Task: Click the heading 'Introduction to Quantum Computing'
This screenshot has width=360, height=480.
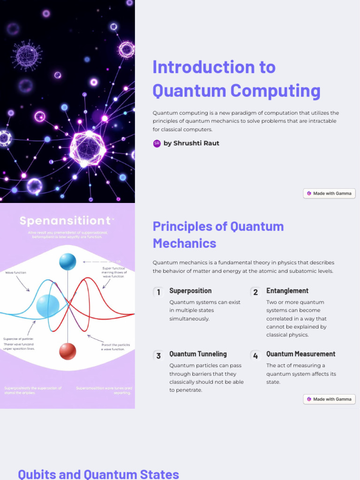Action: [236, 79]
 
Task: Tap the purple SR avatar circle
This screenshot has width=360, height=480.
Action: [157, 143]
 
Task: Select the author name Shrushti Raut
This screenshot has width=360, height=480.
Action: [191, 143]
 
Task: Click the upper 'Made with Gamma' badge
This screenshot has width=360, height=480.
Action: [329, 193]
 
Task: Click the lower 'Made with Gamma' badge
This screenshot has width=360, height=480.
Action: [329, 399]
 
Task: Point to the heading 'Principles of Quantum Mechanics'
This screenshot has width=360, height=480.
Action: [218, 234]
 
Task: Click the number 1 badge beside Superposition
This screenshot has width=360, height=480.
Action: [158, 292]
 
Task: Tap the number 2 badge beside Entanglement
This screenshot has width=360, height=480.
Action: [255, 292]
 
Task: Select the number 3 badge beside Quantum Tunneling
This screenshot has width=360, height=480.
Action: [158, 355]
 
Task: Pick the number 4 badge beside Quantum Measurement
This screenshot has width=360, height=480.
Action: [255, 355]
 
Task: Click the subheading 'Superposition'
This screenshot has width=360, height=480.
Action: [190, 291]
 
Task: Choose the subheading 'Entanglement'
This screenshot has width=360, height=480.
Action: [287, 291]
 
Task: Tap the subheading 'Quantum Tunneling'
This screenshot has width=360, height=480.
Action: [198, 354]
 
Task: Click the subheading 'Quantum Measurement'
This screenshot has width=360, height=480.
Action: [301, 354]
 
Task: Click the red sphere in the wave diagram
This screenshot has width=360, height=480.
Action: [67, 351]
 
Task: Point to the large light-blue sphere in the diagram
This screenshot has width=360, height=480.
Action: [47, 306]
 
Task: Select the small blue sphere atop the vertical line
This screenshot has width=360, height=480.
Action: [67, 262]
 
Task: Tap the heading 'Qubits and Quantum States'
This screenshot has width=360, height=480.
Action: [98, 473]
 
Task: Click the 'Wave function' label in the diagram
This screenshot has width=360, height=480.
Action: [15, 272]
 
